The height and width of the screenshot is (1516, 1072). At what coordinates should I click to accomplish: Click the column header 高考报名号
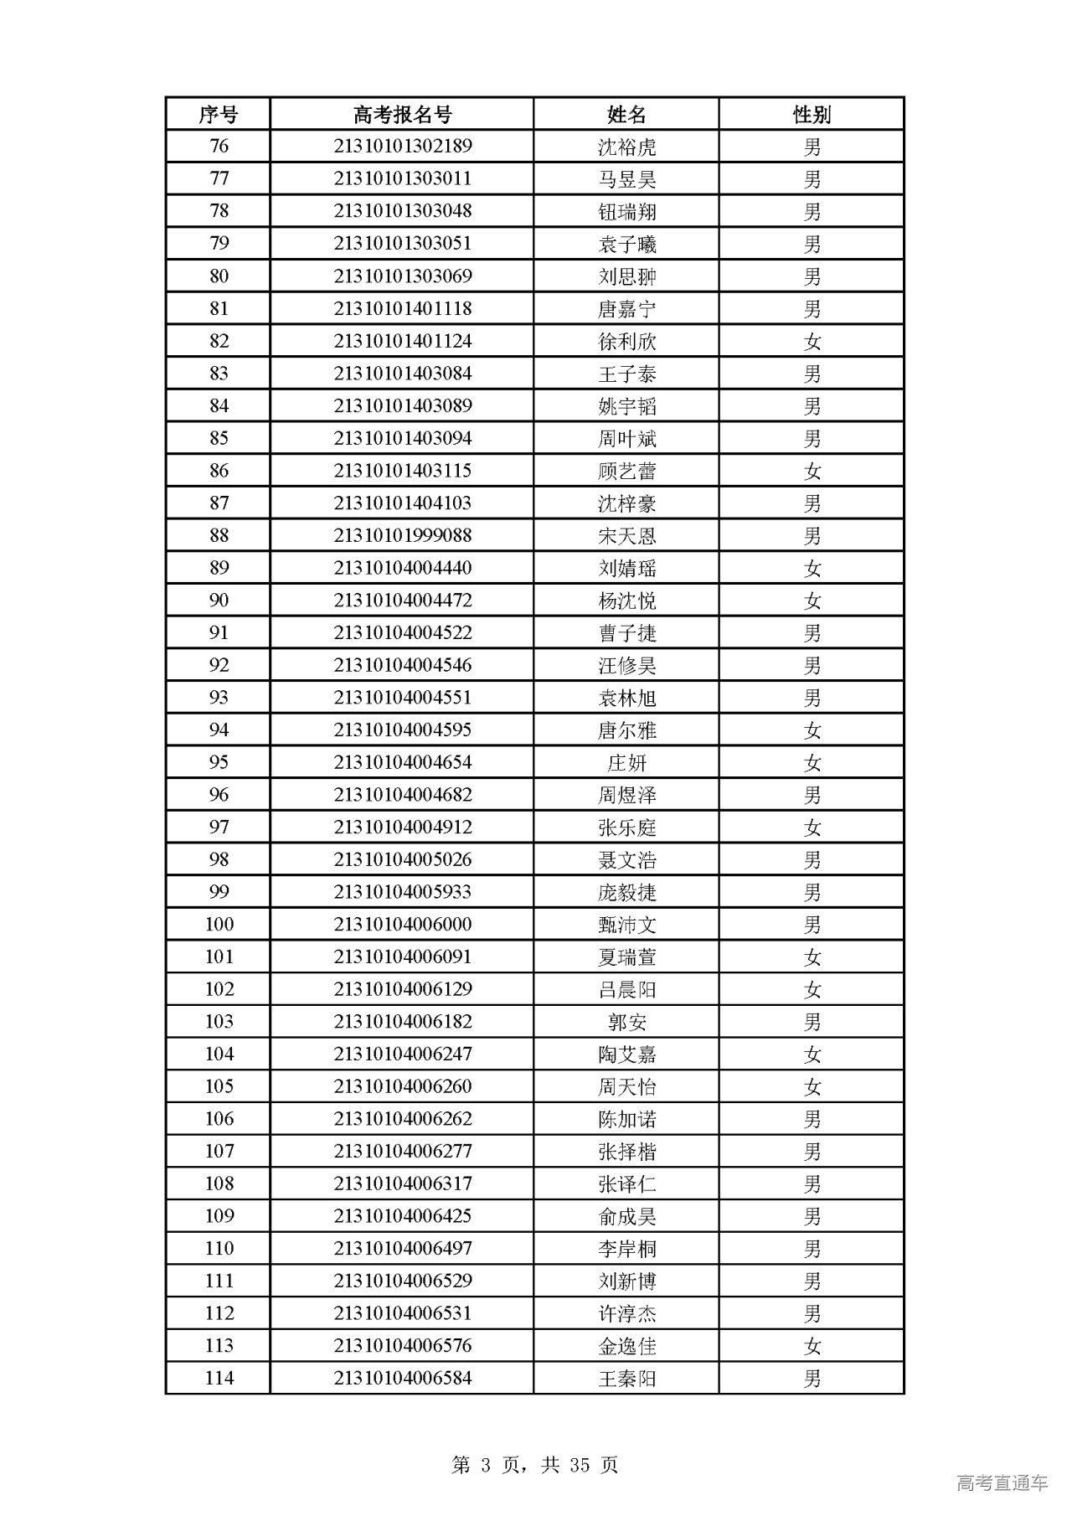(402, 114)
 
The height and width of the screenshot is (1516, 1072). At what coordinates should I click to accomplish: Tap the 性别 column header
(812, 114)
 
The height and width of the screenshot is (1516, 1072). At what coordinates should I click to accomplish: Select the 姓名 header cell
(626, 114)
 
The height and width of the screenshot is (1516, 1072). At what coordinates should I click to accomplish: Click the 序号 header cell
(218, 114)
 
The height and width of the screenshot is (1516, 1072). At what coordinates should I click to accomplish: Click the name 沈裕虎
(626, 147)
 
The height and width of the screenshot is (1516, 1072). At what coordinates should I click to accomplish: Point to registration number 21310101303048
(402, 211)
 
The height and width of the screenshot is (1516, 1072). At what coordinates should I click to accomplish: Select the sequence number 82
(218, 341)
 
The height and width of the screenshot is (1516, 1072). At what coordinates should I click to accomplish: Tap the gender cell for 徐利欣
(812, 341)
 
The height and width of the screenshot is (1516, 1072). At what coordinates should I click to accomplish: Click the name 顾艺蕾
(626, 471)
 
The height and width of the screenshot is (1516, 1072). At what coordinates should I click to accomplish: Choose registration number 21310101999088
(402, 535)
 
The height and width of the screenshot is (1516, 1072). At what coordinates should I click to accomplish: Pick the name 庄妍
(626, 762)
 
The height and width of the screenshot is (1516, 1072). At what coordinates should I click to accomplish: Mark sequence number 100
(219, 924)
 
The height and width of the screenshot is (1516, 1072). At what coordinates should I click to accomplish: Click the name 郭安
(626, 1022)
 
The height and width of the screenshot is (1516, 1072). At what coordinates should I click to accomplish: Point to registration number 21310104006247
(402, 1054)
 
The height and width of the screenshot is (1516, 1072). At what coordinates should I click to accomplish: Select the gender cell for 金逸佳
(812, 1346)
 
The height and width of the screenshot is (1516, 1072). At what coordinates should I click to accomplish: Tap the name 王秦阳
(626, 1379)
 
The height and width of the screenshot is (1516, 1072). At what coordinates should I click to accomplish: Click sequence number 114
(219, 1378)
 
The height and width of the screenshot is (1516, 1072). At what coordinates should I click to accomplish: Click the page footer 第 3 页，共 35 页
(535, 1465)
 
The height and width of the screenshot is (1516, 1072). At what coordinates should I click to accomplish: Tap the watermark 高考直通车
(1002, 1482)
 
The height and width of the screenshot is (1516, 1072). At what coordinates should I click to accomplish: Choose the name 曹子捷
(626, 632)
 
